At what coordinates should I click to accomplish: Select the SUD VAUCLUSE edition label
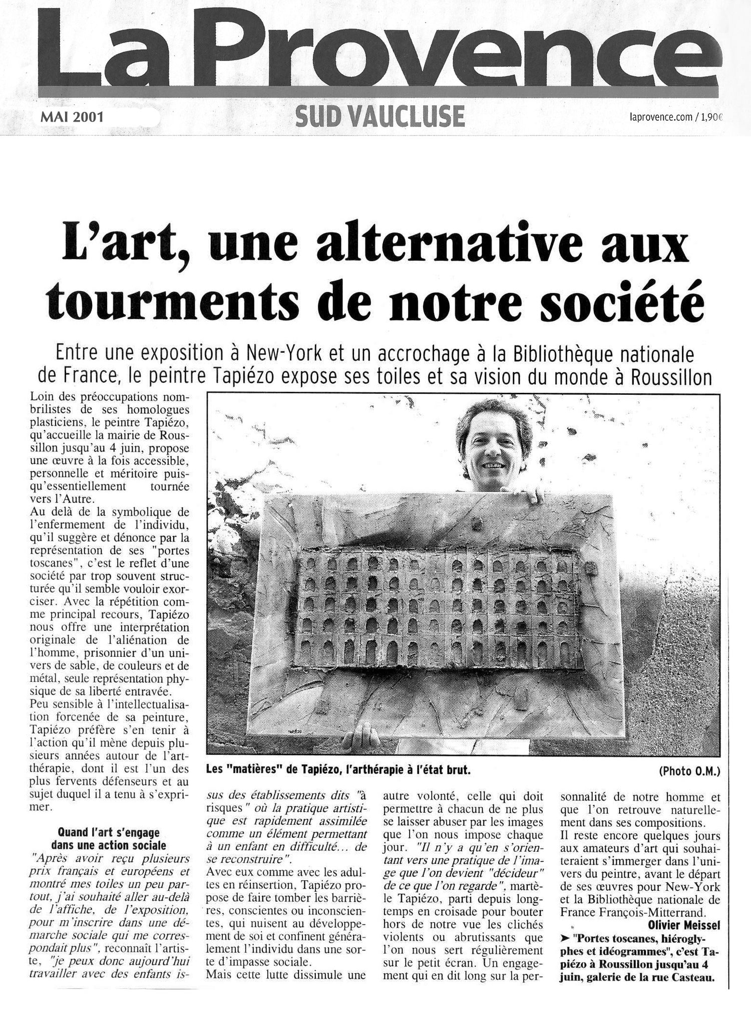coord(380,117)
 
